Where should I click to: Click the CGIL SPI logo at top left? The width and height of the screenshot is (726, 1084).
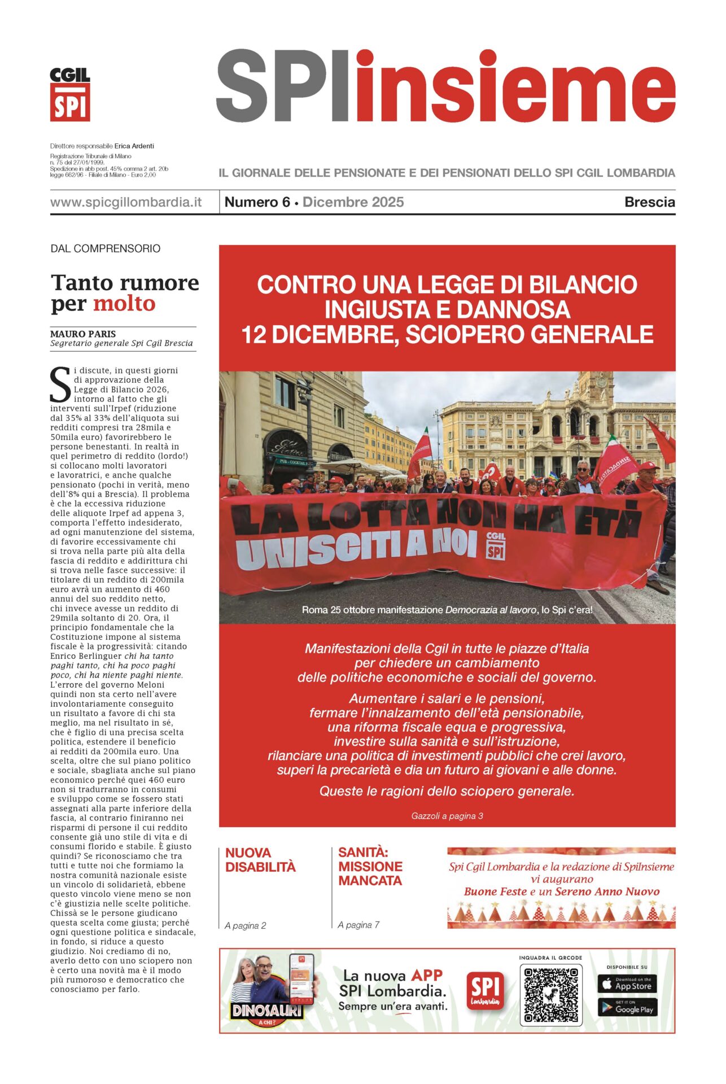pos(70,94)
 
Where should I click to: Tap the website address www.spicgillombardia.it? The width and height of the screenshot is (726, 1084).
pos(126,202)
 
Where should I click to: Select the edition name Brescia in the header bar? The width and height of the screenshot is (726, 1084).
pos(649,202)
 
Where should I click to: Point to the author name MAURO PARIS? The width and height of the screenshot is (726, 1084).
pos(83,334)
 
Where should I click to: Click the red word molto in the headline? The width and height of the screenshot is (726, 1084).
pos(124,304)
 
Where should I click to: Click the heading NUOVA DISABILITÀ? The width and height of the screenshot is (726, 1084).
pos(260,859)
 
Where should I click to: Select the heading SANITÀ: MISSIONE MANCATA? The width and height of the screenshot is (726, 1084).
pos(370,866)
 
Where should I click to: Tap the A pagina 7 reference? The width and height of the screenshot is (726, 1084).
pos(358,925)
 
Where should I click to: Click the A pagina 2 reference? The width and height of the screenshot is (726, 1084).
pos(245,925)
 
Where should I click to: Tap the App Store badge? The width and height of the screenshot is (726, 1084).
pos(627,984)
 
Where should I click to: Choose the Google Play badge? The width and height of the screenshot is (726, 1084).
pos(627,1008)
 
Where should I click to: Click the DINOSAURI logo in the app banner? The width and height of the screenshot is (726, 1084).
pos(268,1011)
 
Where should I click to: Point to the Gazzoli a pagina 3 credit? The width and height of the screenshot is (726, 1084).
pos(447,816)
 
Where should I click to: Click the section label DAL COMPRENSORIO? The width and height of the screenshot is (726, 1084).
pos(106,248)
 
